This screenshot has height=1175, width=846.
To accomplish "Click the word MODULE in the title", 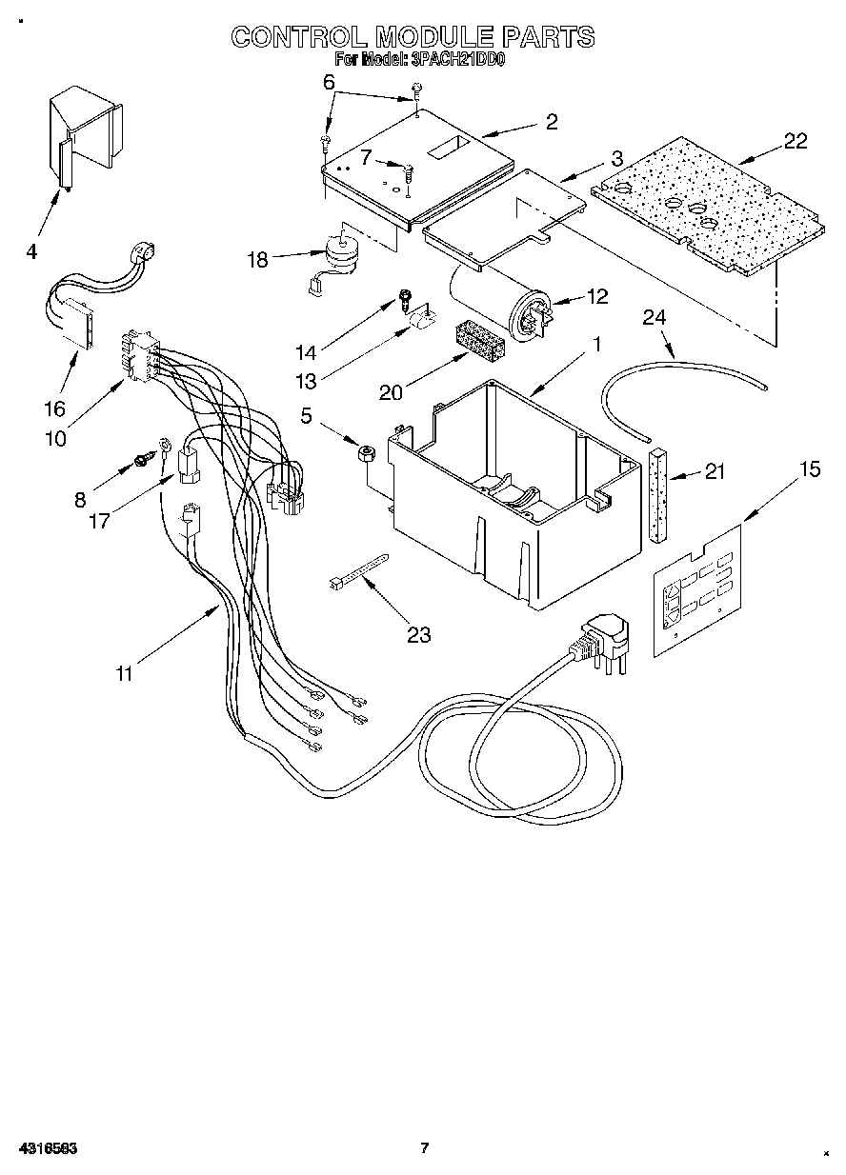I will pyautogui.click(x=433, y=37).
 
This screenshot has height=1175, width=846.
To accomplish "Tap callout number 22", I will pyautogui.click(x=795, y=141).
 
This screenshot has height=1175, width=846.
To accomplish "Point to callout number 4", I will pyautogui.click(x=31, y=252).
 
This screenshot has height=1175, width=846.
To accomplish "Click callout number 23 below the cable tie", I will pyautogui.click(x=418, y=635).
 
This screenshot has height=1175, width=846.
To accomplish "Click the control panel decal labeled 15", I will pyautogui.click(x=697, y=590).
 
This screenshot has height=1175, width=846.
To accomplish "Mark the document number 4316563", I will pyautogui.click(x=46, y=1148).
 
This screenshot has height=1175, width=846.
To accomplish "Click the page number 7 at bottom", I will pyautogui.click(x=426, y=1147).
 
